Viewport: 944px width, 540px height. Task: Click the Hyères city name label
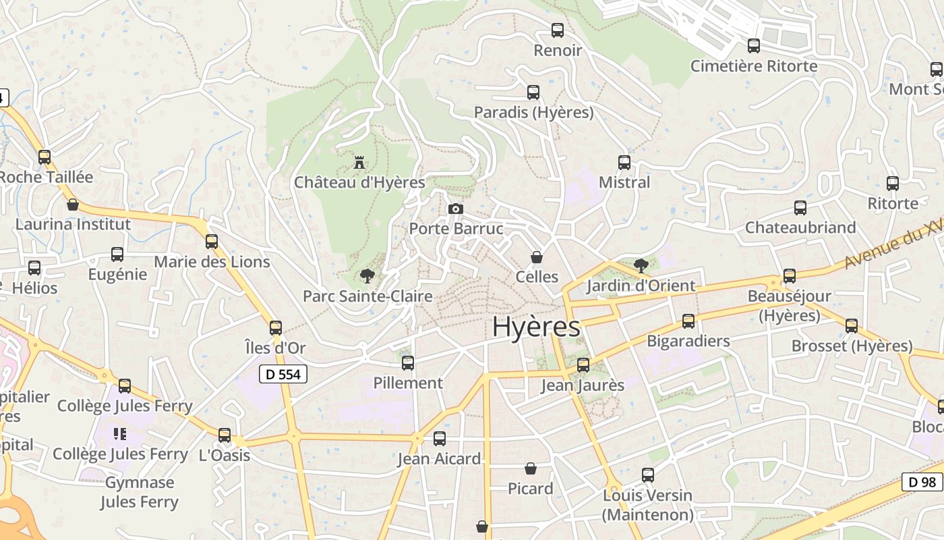(x=536, y=327)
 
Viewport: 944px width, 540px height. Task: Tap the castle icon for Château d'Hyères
(x=359, y=163)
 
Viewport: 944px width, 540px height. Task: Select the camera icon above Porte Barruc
(x=456, y=209)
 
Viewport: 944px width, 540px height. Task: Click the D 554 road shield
(x=283, y=374)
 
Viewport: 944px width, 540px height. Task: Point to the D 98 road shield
(x=922, y=482)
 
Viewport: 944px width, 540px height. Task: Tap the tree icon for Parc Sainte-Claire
(x=367, y=275)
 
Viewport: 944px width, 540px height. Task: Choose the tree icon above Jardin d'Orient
(x=641, y=265)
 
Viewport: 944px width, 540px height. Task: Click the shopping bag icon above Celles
(x=537, y=257)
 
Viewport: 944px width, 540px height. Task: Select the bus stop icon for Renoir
(x=558, y=30)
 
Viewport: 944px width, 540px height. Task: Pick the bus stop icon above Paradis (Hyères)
(x=533, y=92)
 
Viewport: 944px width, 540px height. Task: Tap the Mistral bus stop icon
(x=624, y=163)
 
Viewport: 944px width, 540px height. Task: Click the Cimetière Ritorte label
(x=754, y=66)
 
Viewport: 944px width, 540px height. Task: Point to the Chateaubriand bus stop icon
(x=800, y=208)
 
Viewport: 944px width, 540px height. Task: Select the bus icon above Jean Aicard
(x=440, y=439)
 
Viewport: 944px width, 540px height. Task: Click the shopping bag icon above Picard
(x=531, y=468)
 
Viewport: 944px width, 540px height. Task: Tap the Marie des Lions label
(x=212, y=262)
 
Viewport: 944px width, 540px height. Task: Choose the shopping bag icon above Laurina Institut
(x=72, y=205)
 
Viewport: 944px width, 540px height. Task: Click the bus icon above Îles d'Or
(x=276, y=328)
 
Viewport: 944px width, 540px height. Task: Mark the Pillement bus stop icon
(x=408, y=363)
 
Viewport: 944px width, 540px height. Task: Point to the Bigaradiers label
(x=688, y=341)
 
